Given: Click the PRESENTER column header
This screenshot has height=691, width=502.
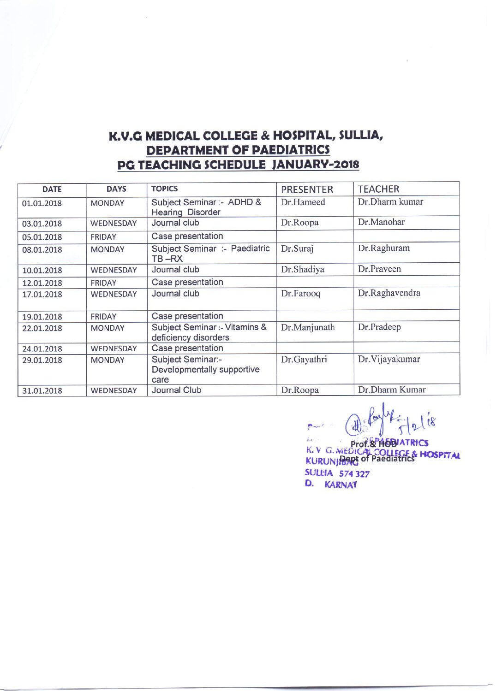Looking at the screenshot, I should tap(307, 189).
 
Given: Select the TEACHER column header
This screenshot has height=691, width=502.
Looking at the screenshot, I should tap(378, 189).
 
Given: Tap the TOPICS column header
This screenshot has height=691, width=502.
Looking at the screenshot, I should tap(164, 189).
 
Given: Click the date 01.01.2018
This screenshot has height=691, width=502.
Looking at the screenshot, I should tap(42, 203).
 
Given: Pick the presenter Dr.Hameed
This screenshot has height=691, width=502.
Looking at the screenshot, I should tap(303, 202).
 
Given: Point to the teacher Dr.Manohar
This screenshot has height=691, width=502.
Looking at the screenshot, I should tap(381, 222).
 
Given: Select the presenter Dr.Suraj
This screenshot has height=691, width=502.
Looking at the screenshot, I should tap(297, 248).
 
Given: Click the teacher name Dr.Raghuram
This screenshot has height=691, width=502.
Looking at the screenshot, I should tap(383, 248).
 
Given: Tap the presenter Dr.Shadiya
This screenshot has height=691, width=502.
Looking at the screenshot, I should tap(302, 269).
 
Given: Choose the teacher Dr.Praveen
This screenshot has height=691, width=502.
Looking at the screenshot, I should tap(379, 269).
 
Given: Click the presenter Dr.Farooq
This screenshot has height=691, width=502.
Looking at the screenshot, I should tap(300, 293).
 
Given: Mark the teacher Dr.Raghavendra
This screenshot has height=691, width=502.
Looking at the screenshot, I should tap(389, 293).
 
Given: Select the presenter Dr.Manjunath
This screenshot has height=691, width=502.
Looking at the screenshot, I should tap(308, 327).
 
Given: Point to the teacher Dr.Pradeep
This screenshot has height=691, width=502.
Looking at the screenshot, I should tap(379, 327).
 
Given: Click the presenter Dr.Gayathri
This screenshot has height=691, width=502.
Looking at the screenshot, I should tap(304, 359).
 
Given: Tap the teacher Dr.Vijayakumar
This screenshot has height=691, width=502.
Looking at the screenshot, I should tap(389, 359).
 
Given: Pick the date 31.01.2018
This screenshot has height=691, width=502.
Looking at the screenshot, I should tap(42, 390).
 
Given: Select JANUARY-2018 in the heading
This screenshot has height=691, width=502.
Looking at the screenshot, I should tap(316, 165).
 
